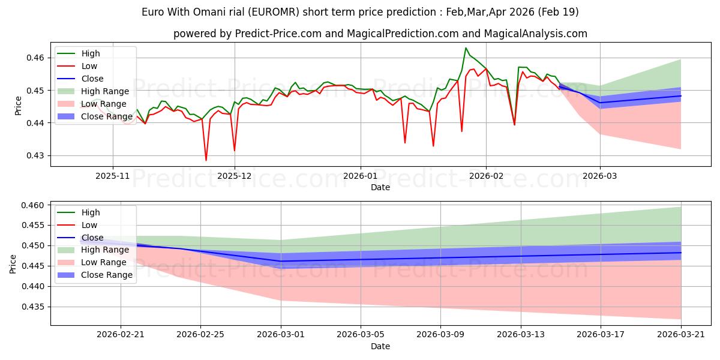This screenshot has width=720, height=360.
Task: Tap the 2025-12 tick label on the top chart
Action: [235, 176]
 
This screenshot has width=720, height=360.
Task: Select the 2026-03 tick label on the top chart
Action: [600, 176]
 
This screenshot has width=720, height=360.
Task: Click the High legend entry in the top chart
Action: [91, 54]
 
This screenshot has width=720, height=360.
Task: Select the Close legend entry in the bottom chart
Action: [92, 238]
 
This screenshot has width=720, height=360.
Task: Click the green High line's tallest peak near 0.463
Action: [466, 48]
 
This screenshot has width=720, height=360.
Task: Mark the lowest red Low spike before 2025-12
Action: [206, 160]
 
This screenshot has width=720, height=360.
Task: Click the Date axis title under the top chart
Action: [380, 187]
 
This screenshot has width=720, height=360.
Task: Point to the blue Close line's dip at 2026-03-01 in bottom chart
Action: [281, 261]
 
